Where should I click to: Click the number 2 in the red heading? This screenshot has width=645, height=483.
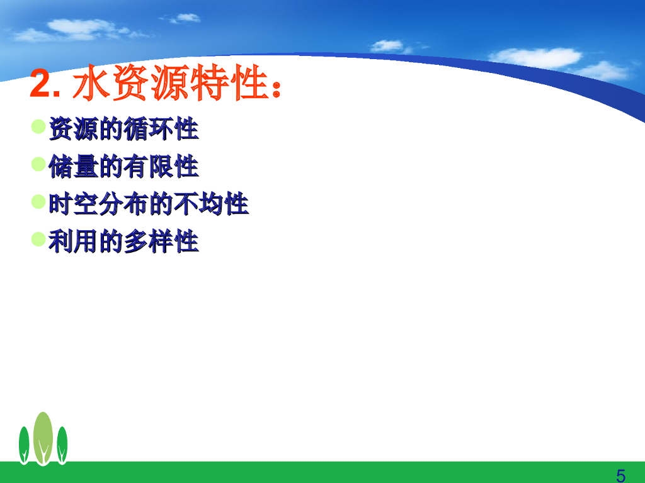[40, 84]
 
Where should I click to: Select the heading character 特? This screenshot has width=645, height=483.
[210, 82]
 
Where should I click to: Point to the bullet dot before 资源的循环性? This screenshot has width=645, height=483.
[38, 126]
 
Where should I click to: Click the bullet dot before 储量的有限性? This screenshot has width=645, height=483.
[38, 164]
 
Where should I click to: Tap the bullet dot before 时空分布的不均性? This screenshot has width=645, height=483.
[38, 202]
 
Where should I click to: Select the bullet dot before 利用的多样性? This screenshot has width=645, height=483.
[38, 239]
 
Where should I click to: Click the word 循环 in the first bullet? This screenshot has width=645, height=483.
[149, 129]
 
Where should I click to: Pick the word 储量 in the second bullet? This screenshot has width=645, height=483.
[74, 166]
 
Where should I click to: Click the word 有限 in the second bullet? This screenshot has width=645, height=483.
[149, 166]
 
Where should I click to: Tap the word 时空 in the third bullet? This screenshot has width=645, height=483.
[74, 204]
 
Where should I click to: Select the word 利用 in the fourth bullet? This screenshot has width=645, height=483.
[74, 241]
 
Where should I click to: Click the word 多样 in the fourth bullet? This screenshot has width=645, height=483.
[149, 241]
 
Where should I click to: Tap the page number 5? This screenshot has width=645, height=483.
[620, 476]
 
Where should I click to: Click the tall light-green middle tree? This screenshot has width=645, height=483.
[43, 438]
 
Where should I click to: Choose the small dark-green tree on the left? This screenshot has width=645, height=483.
[24, 446]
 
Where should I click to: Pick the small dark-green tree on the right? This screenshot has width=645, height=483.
[62, 446]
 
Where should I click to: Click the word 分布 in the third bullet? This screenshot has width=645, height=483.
[124, 204]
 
